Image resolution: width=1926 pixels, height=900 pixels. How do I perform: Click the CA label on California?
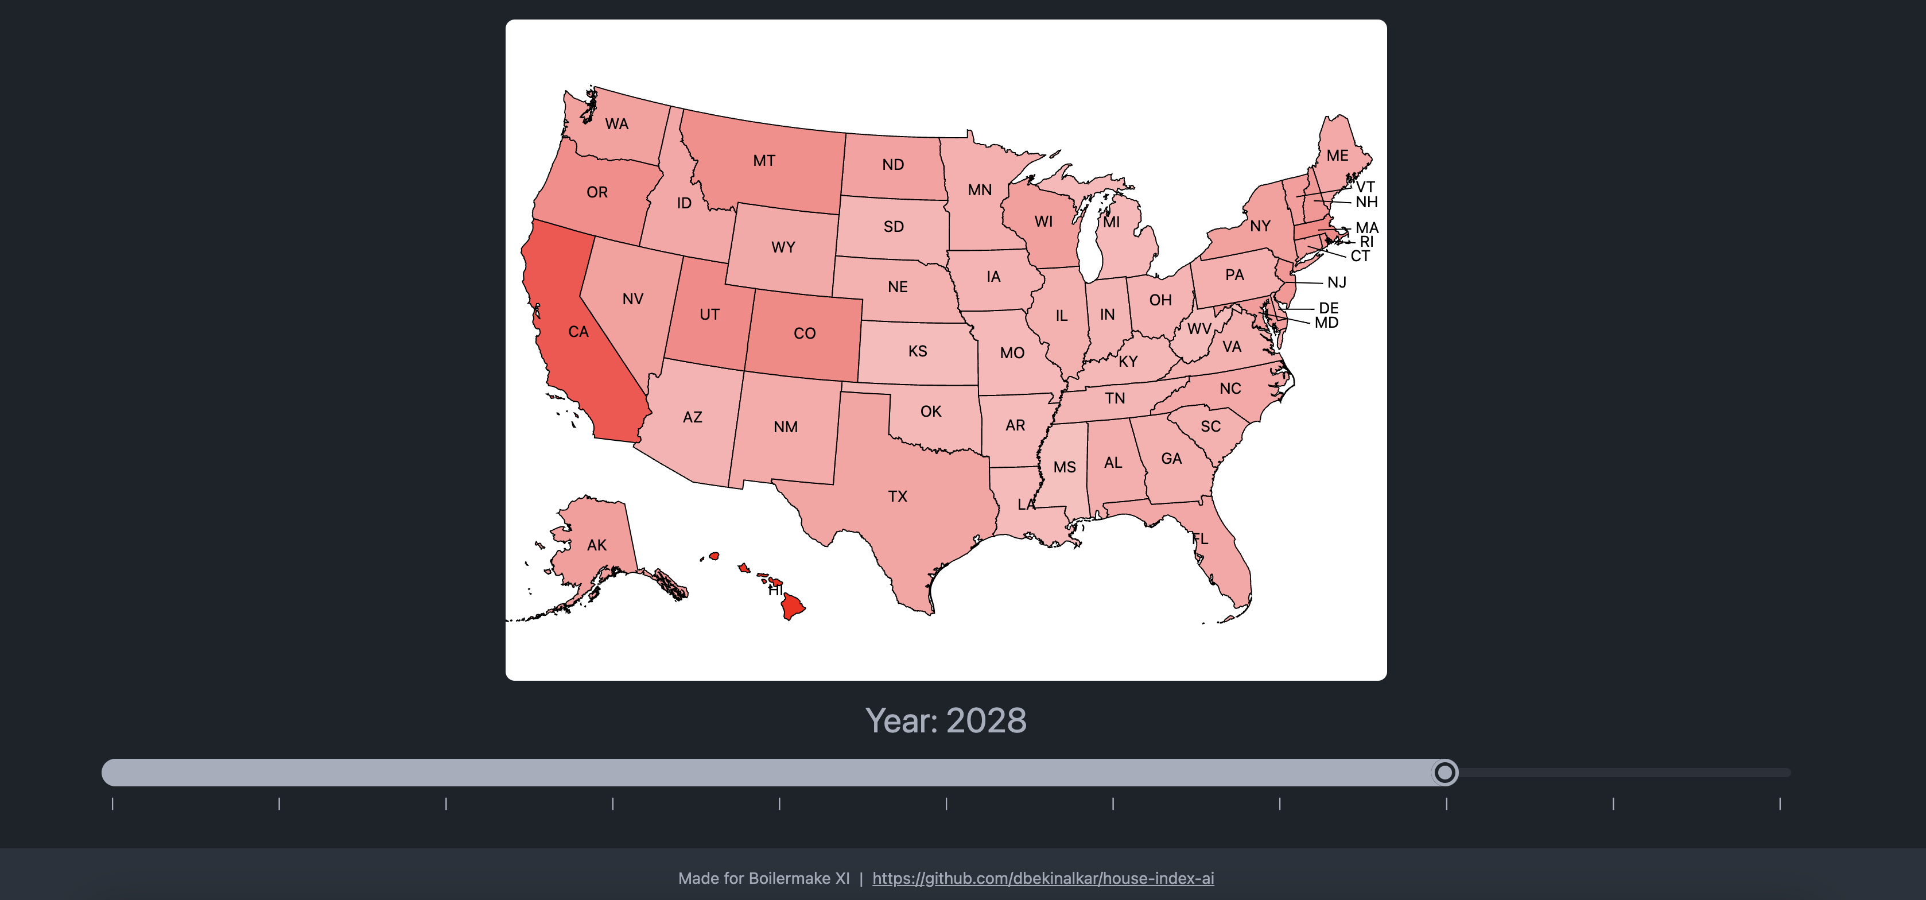coord(578,332)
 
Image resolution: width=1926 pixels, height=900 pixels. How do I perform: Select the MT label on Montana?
coord(763,161)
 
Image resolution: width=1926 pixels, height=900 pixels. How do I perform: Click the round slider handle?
coord(1445,772)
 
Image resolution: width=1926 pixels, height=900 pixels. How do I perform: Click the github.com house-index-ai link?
coord(1042,878)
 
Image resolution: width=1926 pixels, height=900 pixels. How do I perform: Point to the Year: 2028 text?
coord(946,720)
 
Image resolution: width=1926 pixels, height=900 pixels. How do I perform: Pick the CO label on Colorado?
coord(805,333)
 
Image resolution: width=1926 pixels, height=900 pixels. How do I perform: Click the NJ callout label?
coord(1336,282)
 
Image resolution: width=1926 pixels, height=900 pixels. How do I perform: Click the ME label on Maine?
coord(1337,156)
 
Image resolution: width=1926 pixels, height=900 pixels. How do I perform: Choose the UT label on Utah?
coord(709,315)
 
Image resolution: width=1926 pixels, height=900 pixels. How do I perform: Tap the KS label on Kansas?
coord(918,351)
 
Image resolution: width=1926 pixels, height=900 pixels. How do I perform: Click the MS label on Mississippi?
coord(1064,467)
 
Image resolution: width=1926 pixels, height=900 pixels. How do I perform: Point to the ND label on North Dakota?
coord(893,165)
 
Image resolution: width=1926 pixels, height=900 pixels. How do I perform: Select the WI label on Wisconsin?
coord(1043,221)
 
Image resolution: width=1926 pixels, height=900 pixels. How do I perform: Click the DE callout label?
coord(1328,308)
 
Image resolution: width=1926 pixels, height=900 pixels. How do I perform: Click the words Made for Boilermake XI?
coord(763,878)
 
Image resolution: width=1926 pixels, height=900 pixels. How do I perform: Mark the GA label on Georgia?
coord(1171,458)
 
